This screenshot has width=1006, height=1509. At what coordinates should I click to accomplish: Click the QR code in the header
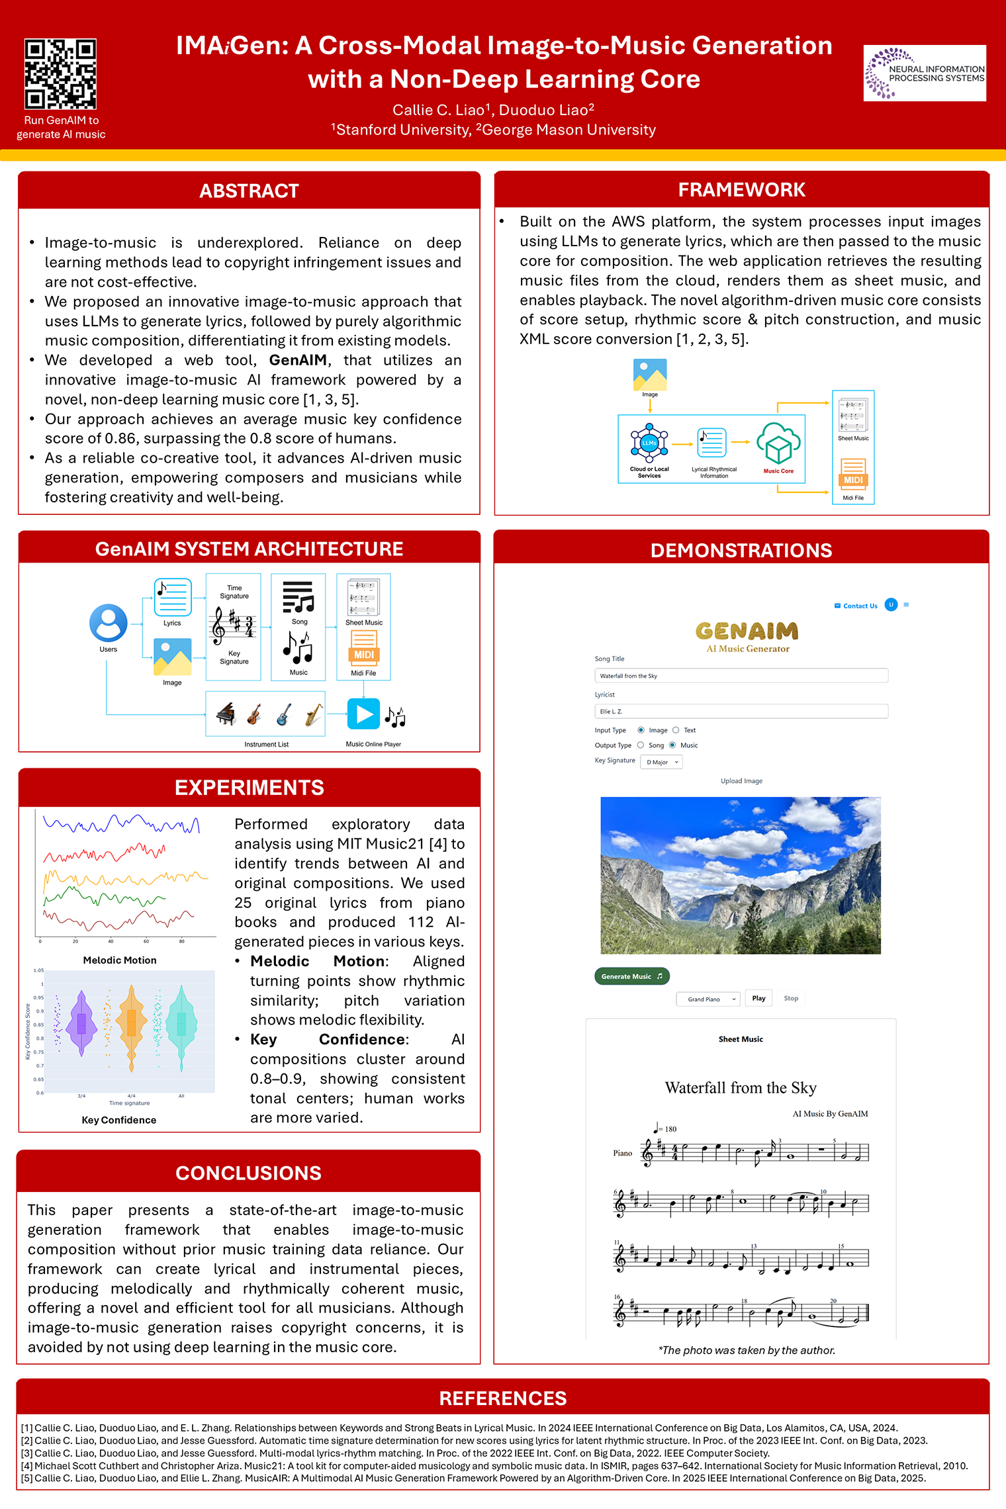(60, 73)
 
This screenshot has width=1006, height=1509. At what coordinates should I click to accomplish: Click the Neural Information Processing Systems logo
(924, 73)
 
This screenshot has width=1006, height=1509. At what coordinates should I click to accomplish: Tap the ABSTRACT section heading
(249, 191)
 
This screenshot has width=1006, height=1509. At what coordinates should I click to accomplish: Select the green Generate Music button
(631, 976)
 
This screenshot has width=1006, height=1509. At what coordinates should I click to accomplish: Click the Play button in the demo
(758, 998)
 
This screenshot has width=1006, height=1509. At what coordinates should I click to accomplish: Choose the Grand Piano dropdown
(708, 999)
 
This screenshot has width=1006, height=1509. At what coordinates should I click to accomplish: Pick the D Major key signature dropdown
(662, 762)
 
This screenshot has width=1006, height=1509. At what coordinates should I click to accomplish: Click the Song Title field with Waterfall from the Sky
(741, 676)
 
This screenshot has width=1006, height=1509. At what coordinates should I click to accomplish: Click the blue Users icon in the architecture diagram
(109, 623)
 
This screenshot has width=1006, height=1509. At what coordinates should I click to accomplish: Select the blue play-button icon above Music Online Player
(363, 714)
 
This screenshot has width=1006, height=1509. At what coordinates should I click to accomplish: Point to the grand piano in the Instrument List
(226, 714)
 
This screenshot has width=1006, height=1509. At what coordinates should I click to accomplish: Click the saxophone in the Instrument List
(314, 714)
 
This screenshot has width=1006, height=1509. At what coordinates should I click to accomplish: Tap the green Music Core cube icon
(778, 444)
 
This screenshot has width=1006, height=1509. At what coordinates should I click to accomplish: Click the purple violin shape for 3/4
(81, 1023)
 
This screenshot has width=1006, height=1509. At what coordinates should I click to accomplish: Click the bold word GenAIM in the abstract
(298, 361)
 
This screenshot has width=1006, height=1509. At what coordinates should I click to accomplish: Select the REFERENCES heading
(503, 1398)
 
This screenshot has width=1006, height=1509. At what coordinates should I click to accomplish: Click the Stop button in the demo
(791, 998)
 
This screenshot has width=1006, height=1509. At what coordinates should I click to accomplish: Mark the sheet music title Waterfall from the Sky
(741, 1088)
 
